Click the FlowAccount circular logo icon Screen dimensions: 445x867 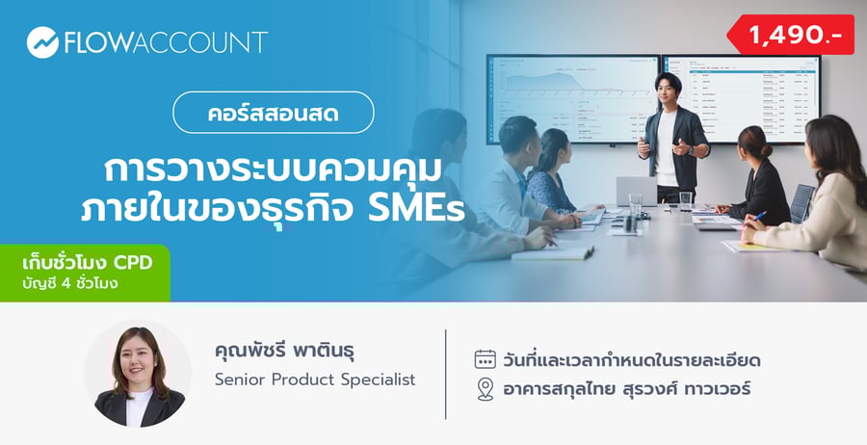click(42, 42)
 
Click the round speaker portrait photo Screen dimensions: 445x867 click(138, 374)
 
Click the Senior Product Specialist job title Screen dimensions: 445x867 click(315, 380)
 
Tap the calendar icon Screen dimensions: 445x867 click(486, 359)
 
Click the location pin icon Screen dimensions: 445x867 click(486, 389)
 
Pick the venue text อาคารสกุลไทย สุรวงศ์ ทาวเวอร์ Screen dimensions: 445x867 click(626, 389)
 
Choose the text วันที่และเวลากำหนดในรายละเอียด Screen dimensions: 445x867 click(632, 360)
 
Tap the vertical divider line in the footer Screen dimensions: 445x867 click(446, 374)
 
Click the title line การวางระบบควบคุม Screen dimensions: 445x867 click(274, 170)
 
